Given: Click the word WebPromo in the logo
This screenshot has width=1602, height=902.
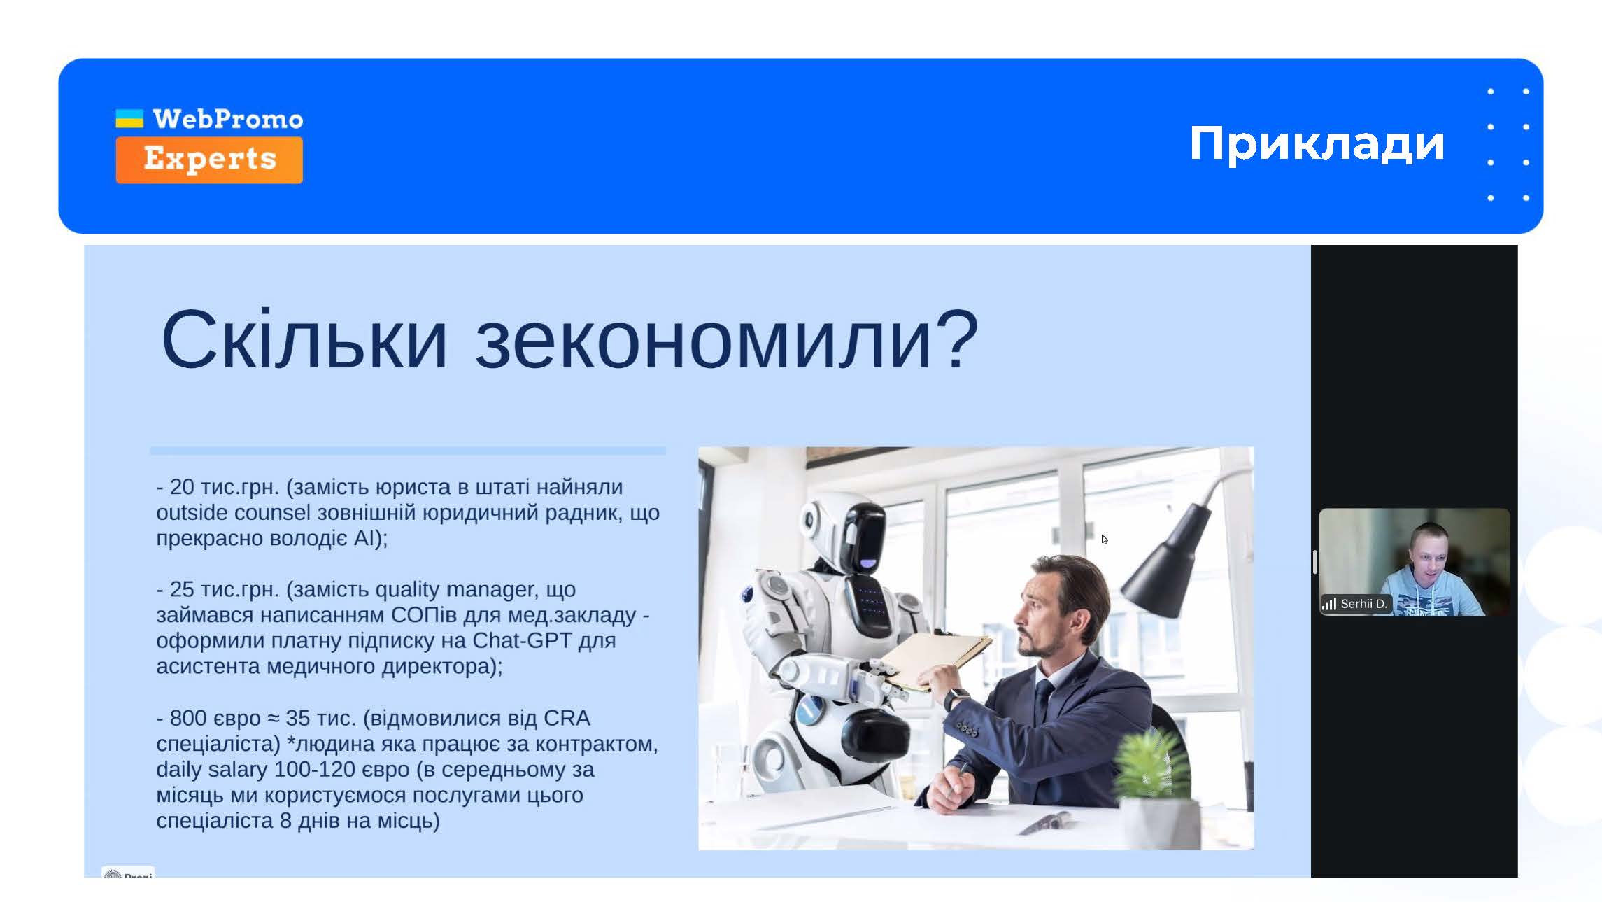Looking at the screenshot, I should pos(228,120).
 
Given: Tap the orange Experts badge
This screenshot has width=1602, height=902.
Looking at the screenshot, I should pos(209,160).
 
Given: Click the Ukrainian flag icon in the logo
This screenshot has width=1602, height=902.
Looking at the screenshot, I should pos(129,118).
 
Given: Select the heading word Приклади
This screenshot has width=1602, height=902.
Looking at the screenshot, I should pos(1317,144).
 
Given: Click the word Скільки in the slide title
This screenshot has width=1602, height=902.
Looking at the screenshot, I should pos(304,340).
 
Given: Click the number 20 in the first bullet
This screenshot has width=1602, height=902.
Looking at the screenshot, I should pos(182,487).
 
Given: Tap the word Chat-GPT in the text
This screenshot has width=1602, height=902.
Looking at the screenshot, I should pos(522,640).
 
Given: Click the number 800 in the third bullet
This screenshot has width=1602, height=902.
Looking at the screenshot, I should pos(188,718).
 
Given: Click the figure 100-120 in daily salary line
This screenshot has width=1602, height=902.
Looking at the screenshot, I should pos(315,769).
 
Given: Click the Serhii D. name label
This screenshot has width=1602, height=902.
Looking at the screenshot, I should pos(1363,604).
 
